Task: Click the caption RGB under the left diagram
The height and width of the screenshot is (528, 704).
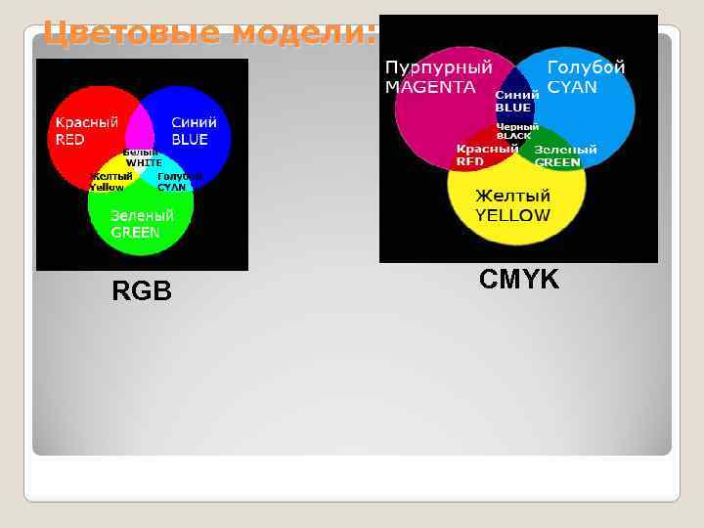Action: pos(142,290)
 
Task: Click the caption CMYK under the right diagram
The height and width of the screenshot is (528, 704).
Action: pos(519,280)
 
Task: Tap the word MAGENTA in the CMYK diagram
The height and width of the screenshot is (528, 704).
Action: pos(430,87)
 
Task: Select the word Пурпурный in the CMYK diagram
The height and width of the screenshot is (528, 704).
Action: pos(438,68)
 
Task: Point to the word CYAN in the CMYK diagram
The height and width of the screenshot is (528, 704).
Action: pos(572,87)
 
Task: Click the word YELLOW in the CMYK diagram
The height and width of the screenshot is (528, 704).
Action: pos(512,215)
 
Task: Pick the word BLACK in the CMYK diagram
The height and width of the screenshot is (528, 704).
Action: pos(513,136)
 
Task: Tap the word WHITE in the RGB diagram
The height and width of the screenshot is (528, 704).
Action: pos(144,162)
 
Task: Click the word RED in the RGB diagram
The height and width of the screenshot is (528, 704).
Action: pos(69,140)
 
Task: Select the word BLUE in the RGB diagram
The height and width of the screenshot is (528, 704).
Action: pos(190,140)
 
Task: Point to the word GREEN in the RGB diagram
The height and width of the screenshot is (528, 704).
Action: pos(135,233)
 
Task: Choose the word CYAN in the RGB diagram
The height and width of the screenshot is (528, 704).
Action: pos(171,187)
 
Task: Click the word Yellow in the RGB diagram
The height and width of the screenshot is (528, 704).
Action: pos(108,187)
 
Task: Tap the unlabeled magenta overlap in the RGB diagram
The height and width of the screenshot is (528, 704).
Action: pos(140,127)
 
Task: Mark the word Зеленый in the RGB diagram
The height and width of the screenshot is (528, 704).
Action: pos(142,215)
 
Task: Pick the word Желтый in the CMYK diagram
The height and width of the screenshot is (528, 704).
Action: pos(512,196)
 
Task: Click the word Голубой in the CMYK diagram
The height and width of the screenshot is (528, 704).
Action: pos(586,68)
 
